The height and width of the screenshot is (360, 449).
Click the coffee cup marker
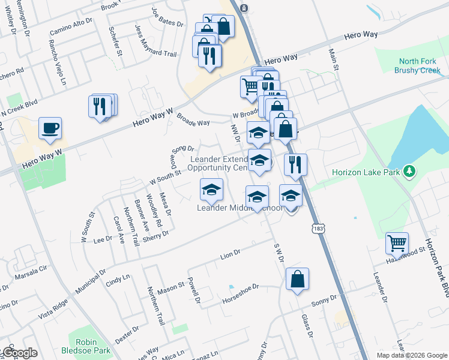(50, 128)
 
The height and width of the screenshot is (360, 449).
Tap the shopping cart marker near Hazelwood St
(397, 244)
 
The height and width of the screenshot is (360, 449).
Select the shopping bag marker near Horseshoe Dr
(297, 279)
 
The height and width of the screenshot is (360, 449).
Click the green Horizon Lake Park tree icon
(410, 172)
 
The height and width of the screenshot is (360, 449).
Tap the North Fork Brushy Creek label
(417, 65)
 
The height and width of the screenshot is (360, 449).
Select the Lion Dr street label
(230, 254)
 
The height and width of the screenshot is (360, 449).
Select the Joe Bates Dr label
(166, 19)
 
